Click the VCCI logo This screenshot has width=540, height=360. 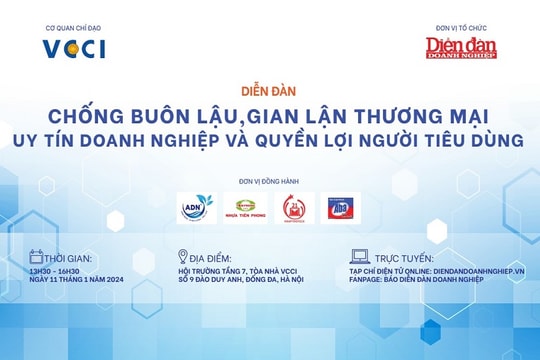pyautogui.click(x=74, y=48)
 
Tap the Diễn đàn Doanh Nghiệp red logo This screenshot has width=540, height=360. pyautogui.click(x=461, y=46)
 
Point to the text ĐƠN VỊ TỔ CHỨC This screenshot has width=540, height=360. pyautogui.click(x=461, y=28)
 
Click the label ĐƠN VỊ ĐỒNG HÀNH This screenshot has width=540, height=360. pyautogui.click(x=269, y=180)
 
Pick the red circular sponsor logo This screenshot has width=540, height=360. pyautogui.click(x=296, y=208)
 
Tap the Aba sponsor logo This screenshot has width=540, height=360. pyautogui.click(x=340, y=208)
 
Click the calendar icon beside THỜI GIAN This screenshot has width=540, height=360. pyautogui.click(x=37, y=256)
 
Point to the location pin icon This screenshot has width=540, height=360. pyautogui.click(x=182, y=256)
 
